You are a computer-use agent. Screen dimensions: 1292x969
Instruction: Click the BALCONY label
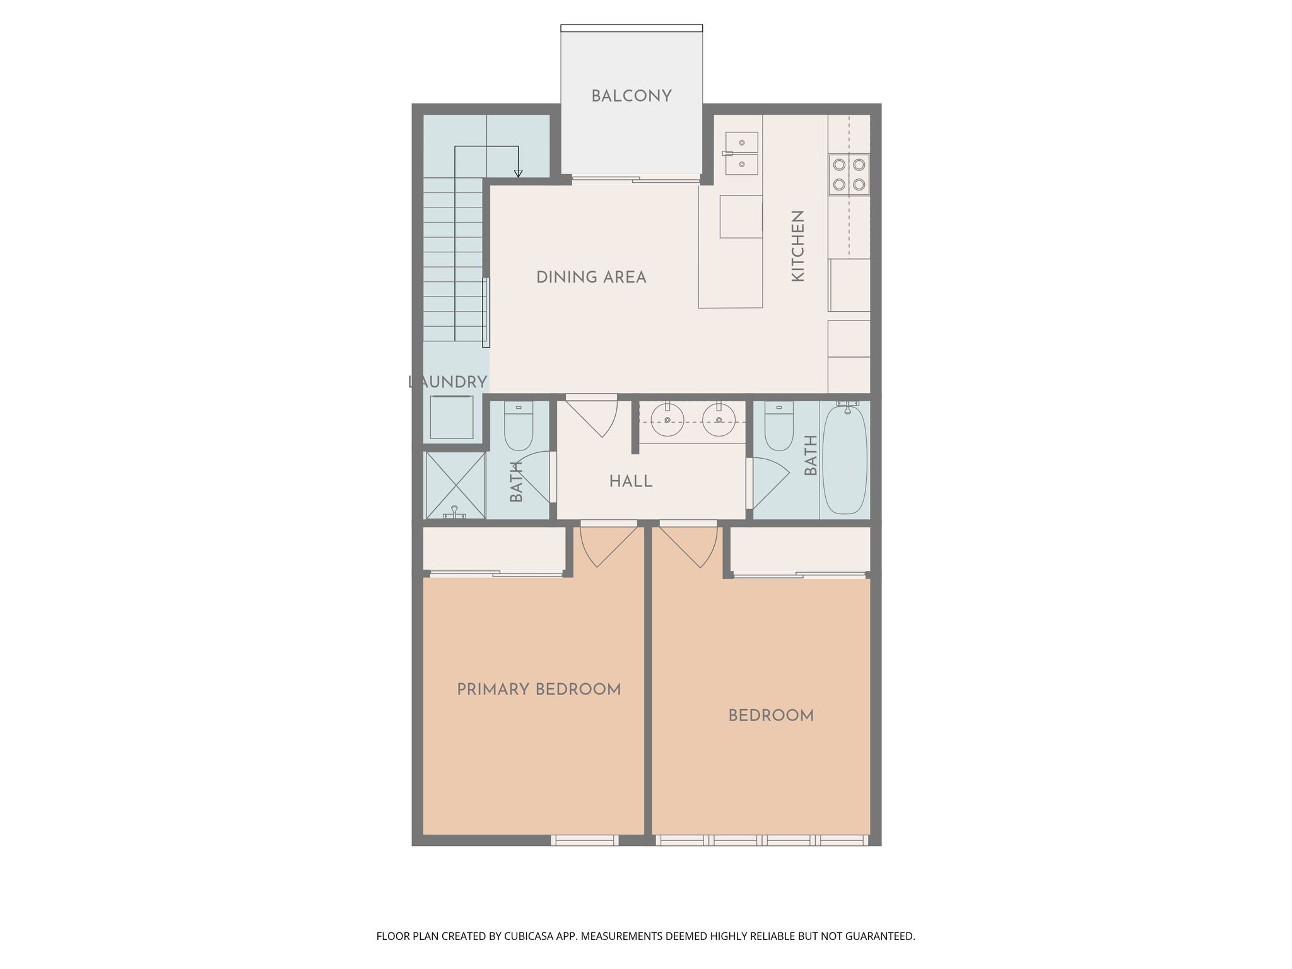pyautogui.click(x=631, y=97)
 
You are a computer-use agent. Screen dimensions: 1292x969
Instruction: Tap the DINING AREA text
pyautogui.click(x=591, y=278)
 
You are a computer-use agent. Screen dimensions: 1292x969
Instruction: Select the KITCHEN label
pyautogui.click(x=797, y=246)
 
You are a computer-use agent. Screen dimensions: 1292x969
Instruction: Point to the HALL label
pyautogui.click(x=631, y=482)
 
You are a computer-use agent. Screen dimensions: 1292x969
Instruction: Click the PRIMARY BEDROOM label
pyautogui.click(x=539, y=690)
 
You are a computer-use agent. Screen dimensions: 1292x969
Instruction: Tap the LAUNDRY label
pyautogui.click(x=447, y=382)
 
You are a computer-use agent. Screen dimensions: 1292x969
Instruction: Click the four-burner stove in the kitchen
pyautogui.click(x=849, y=174)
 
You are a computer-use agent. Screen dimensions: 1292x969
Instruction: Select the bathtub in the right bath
pyautogui.click(x=845, y=460)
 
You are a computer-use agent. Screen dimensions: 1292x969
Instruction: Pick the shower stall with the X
pyautogui.click(x=455, y=485)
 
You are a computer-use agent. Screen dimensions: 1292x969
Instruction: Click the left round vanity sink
pyautogui.click(x=667, y=420)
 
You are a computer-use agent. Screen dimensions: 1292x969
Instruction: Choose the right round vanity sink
pyautogui.click(x=719, y=420)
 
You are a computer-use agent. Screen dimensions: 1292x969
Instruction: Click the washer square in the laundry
pyautogui.click(x=452, y=417)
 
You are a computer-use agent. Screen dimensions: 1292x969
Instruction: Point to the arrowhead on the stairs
pyautogui.click(x=519, y=174)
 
